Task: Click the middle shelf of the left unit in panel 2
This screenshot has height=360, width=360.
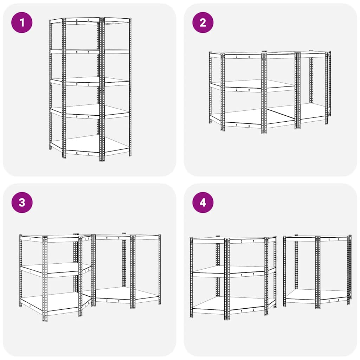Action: tap(246, 84)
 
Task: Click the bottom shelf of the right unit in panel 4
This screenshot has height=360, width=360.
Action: tap(316, 295)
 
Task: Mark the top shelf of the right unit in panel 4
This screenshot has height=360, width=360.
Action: tap(316, 237)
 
